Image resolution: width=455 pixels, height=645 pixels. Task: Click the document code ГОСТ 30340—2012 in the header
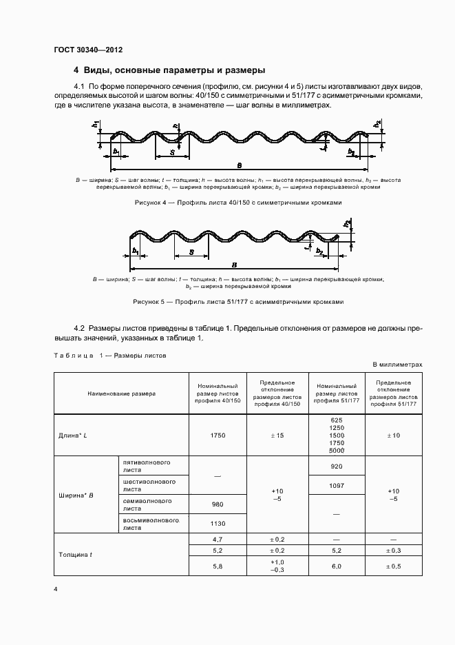click(88, 50)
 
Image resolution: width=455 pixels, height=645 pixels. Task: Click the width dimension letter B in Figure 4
click(239, 165)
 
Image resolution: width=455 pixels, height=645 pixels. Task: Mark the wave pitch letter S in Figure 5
click(191, 253)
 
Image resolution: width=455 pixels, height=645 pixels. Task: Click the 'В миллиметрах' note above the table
click(397, 364)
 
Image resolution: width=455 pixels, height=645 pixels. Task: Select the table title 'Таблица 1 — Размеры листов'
click(109, 356)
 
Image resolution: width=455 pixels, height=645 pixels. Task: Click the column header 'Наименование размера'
click(121, 393)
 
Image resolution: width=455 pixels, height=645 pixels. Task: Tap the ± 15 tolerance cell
click(277, 435)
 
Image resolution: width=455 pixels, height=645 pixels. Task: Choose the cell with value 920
click(337, 466)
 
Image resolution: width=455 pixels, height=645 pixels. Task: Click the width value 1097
click(337, 485)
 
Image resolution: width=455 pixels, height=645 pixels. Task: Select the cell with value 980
click(218, 504)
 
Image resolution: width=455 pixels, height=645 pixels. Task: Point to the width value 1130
click(218, 523)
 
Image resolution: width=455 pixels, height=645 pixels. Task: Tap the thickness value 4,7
click(218, 539)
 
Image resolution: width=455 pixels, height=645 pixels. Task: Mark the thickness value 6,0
click(337, 566)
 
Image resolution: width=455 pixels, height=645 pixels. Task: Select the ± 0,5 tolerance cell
click(393, 566)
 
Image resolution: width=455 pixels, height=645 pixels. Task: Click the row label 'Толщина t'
click(76, 554)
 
